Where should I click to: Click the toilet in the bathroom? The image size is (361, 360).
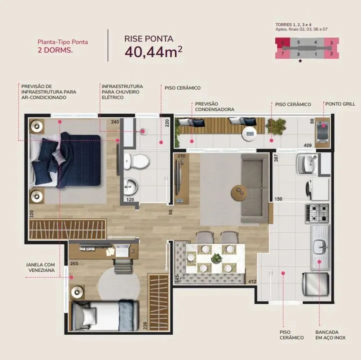[x=137, y=161]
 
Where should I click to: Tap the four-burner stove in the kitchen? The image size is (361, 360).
[x=317, y=214]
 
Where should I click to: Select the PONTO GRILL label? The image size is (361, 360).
[x=340, y=104]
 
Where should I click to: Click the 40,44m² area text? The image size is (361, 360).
[x=153, y=52]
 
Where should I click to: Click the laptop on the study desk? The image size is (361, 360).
[x=122, y=251]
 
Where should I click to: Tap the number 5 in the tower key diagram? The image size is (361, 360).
[x=298, y=42]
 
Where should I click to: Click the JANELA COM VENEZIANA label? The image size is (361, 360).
[x=40, y=267]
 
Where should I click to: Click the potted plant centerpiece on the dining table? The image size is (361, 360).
[x=217, y=258]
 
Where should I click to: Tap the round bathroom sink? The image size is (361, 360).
[x=131, y=186]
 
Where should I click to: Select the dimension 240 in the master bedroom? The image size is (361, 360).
[x=115, y=122]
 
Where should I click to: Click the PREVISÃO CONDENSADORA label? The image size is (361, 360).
[x=215, y=107]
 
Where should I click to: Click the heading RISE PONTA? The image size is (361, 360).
[x=149, y=39]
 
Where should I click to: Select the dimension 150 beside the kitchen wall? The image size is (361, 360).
[x=278, y=199]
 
